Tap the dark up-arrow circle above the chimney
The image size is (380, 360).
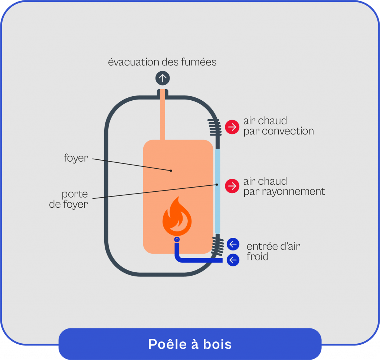162,78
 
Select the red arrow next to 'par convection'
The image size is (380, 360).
232,127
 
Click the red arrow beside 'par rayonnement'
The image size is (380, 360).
232,186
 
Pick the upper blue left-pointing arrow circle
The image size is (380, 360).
233,244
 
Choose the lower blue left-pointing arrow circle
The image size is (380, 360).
233,260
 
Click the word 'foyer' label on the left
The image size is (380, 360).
76,158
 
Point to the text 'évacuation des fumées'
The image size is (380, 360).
162,62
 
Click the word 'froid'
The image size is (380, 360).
257,257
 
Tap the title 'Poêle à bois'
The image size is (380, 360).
190,344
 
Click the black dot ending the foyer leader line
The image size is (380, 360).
171,171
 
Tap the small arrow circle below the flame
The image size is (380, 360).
177,240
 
